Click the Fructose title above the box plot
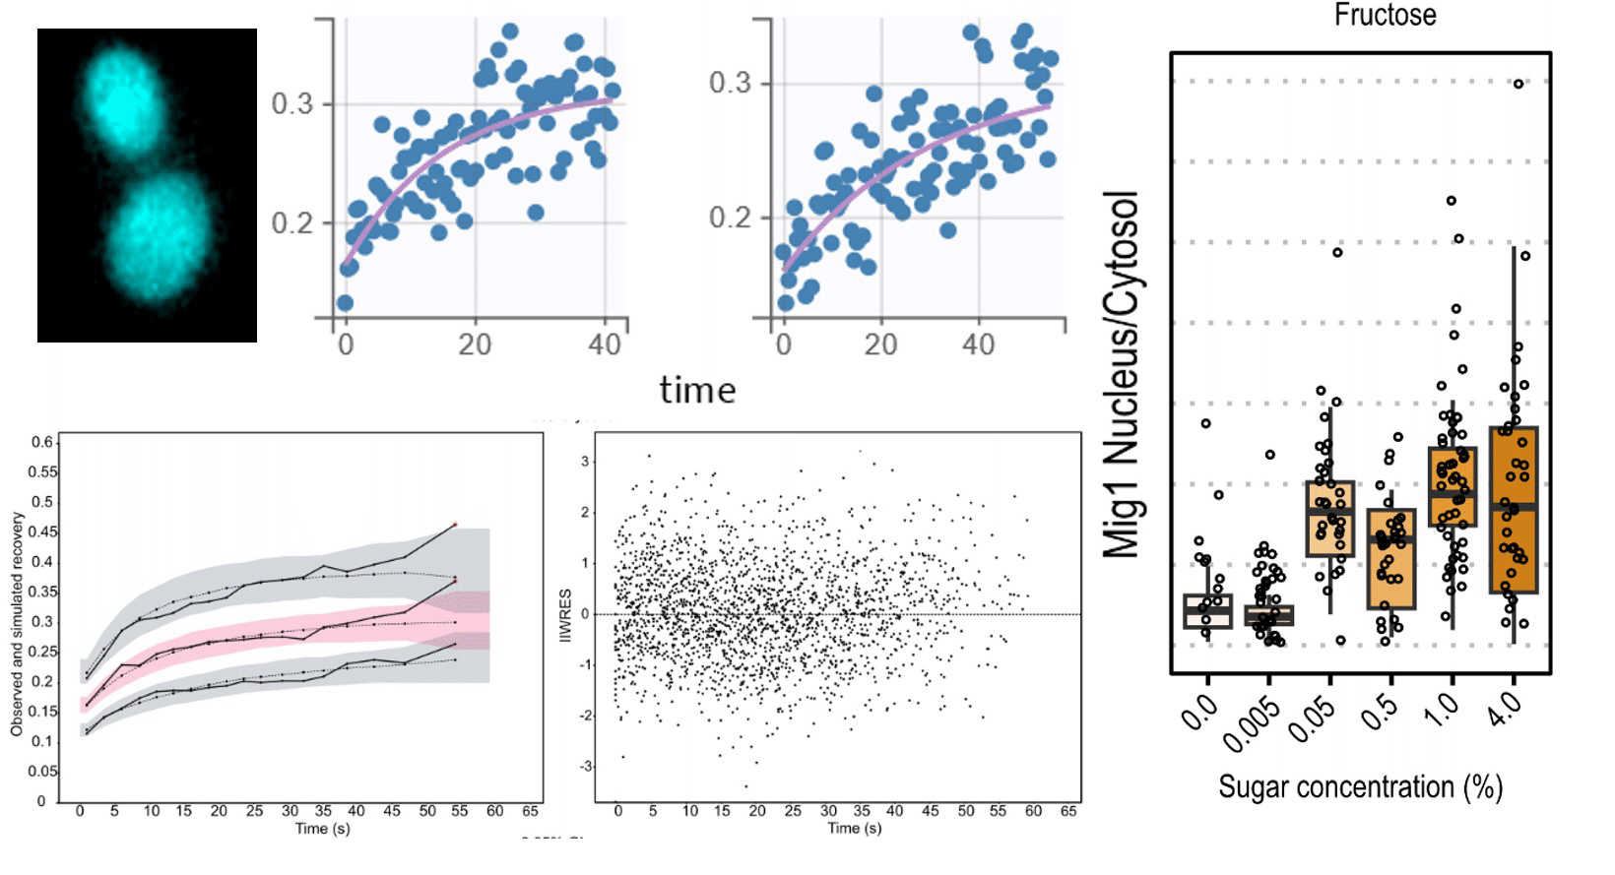coord(1384,16)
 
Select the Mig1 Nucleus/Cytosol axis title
coord(1121,375)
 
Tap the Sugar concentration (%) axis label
coord(1360,787)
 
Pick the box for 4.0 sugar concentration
coord(1514,510)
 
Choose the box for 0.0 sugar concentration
coord(1207,610)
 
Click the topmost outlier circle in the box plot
coord(1518,84)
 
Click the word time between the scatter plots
coord(697,391)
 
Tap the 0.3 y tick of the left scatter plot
coord(291,103)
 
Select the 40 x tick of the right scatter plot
coord(978,344)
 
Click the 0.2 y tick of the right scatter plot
coord(730,217)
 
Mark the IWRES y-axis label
coord(565,616)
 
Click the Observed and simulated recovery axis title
coord(17,623)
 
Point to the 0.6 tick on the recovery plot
coord(41,442)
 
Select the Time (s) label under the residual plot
coord(854,829)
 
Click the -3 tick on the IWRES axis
coord(585,766)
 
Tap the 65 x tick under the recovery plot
coord(530,811)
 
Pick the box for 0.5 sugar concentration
coord(1390,558)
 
